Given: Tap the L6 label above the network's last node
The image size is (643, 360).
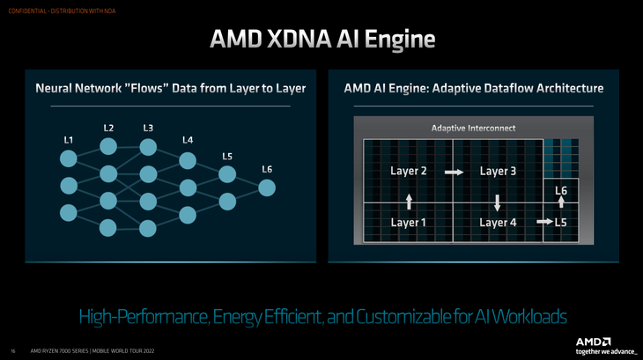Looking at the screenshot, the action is click(267, 169).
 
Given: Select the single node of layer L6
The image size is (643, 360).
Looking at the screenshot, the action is click(267, 188).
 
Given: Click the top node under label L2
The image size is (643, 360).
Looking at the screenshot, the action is click(108, 147).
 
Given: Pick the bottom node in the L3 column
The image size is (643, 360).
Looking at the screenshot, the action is click(148, 229).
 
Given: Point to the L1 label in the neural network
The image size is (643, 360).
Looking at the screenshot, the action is click(69, 140).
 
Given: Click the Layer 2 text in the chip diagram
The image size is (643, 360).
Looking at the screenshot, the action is click(409, 171).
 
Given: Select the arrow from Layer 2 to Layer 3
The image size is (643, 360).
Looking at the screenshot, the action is click(454, 172).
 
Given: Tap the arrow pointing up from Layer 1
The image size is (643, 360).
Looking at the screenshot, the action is click(409, 202).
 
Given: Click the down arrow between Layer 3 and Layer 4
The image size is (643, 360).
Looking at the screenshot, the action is click(498, 203).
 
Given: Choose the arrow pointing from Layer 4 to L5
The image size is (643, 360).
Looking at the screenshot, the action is click(545, 222).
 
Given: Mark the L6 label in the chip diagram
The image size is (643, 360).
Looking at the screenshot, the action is click(561, 190).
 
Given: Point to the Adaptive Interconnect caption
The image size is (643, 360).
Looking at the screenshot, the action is click(473, 129).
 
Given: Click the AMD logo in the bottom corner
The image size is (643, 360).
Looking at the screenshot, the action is click(594, 342).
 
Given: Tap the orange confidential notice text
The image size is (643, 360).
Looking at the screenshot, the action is click(62, 11).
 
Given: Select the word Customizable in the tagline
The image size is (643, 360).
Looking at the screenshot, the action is click(404, 317).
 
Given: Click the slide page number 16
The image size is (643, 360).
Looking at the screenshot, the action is click(13, 351).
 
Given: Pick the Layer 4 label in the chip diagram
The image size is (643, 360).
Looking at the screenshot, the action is click(498, 223).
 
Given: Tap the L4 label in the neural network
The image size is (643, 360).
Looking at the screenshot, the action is click(188, 140).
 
